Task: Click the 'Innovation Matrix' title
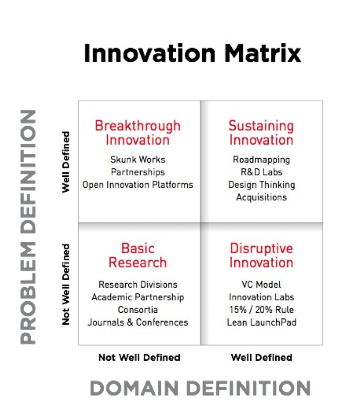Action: point(192,53)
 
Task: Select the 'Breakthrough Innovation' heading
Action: point(138,133)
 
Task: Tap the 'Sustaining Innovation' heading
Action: point(261,133)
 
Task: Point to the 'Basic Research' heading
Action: point(138,255)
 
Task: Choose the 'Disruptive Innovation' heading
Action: point(261,255)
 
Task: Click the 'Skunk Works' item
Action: point(138,160)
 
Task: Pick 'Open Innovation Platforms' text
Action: point(138,185)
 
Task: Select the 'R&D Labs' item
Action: point(261,172)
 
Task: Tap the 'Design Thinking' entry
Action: point(262,185)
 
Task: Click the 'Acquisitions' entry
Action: point(261,197)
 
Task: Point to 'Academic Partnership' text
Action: point(138,297)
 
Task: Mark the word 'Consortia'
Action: point(138,310)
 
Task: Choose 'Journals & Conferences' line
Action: point(138,323)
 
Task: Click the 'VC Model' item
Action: point(261,285)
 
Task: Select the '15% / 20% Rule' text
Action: point(261,310)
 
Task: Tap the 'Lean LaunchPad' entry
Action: point(261,323)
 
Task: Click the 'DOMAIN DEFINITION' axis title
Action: point(200,388)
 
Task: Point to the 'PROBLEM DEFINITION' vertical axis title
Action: point(28,227)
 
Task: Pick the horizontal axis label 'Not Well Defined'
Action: point(139,357)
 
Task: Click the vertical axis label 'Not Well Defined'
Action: point(66,285)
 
